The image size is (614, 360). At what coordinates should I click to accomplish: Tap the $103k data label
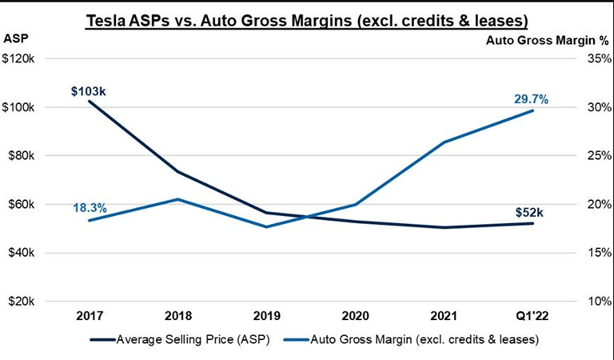[88, 91]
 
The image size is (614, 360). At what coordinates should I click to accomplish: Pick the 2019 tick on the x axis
[267, 314]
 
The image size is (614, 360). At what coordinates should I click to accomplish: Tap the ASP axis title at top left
[16, 38]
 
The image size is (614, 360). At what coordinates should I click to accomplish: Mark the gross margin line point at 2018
[177, 199]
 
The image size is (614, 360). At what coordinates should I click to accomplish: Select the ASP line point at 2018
[177, 172]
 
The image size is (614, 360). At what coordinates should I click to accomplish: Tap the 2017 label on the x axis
[89, 314]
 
